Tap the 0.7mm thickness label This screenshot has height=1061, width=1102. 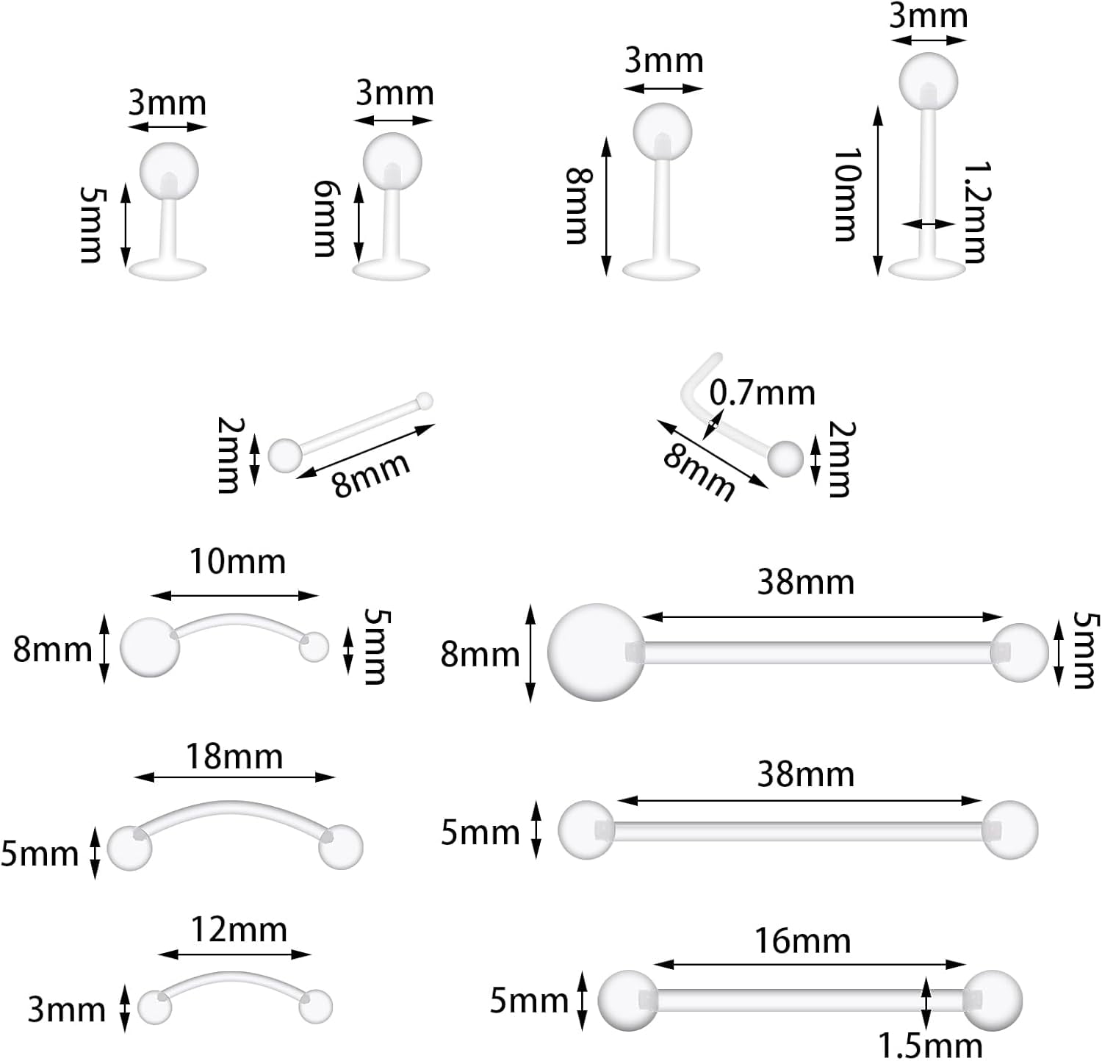click(763, 393)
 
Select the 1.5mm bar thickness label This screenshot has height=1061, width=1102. click(930, 1045)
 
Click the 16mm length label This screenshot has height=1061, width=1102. click(802, 940)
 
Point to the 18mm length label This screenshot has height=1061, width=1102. click(234, 756)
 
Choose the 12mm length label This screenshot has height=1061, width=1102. click(239, 930)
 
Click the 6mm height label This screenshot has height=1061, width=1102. click(324, 219)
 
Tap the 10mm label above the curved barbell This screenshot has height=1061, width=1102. click(237, 561)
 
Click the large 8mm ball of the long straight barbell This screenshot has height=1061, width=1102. click(596, 652)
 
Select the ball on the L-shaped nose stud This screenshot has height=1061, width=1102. click(785, 458)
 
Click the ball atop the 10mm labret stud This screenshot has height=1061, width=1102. click(929, 81)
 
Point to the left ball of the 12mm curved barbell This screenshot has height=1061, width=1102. click(154, 1006)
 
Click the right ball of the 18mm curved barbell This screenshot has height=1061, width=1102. click(341, 846)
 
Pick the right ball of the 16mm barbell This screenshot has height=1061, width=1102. click(993, 1001)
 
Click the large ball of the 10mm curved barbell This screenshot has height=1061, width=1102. click(150, 647)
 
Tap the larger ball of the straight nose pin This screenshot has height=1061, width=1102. click(284, 455)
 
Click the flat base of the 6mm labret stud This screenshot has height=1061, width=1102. click(391, 269)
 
